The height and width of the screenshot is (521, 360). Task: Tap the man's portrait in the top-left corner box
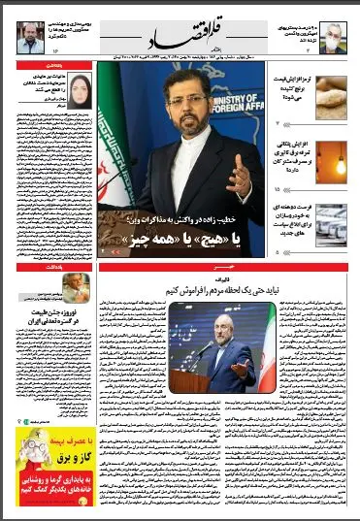point(29,37)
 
